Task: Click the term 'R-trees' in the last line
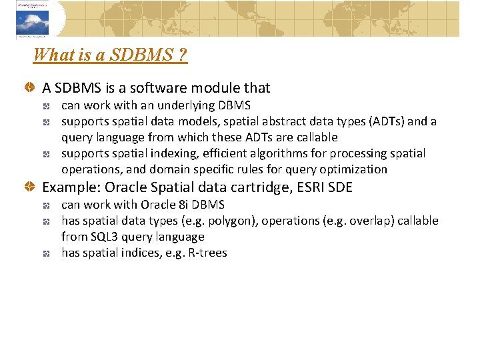pyautogui.click(x=207, y=253)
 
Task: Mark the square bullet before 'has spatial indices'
pyautogui.click(x=48, y=253)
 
